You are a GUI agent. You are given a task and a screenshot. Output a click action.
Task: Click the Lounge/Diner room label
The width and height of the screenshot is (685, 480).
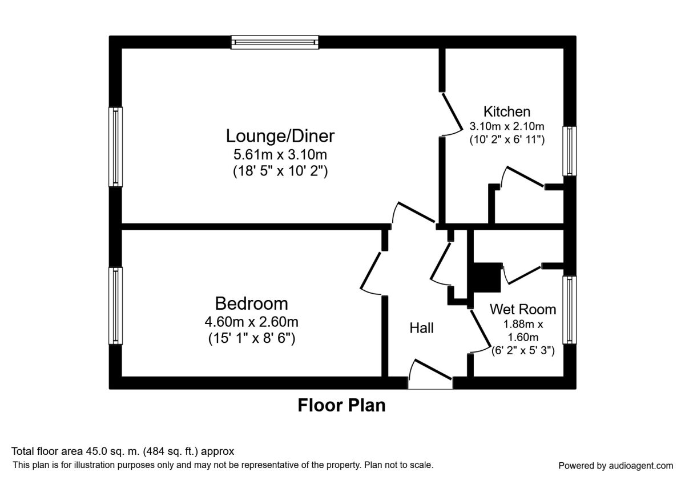(280, 136)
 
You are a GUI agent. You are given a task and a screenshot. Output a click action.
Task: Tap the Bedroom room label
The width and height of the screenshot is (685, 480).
(251, 303)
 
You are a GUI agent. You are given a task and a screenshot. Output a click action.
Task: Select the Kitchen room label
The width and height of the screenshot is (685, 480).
(507, 111)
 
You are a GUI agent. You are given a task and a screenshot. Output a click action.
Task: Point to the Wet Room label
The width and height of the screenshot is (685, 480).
(523, 310)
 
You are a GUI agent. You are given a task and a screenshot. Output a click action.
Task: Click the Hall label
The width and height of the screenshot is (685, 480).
(421, 328)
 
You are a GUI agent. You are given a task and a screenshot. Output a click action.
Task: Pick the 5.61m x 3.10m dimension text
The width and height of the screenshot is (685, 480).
(280, 154)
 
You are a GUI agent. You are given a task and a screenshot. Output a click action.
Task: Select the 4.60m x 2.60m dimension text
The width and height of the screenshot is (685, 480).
(251, 322)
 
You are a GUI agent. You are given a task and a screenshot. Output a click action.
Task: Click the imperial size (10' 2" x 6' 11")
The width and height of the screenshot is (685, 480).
(507, 139)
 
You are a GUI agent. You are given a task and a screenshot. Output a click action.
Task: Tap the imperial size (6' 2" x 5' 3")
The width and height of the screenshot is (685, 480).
(523, 351)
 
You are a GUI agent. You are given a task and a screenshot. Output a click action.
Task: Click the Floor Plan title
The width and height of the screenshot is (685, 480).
(341, 406)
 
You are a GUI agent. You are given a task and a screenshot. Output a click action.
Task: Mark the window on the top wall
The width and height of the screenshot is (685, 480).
(275, 42)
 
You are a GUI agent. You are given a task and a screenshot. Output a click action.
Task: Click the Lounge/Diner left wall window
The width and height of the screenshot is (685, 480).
(116, 147)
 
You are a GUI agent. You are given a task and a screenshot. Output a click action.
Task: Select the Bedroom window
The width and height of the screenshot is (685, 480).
(116, 306)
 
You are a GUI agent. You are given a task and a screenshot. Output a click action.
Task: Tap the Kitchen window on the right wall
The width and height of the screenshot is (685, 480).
(569, 151)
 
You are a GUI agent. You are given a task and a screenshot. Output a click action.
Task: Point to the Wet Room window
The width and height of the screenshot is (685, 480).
(569, 310)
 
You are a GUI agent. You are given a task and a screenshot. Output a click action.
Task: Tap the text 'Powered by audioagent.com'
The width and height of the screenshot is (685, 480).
(615, 466)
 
